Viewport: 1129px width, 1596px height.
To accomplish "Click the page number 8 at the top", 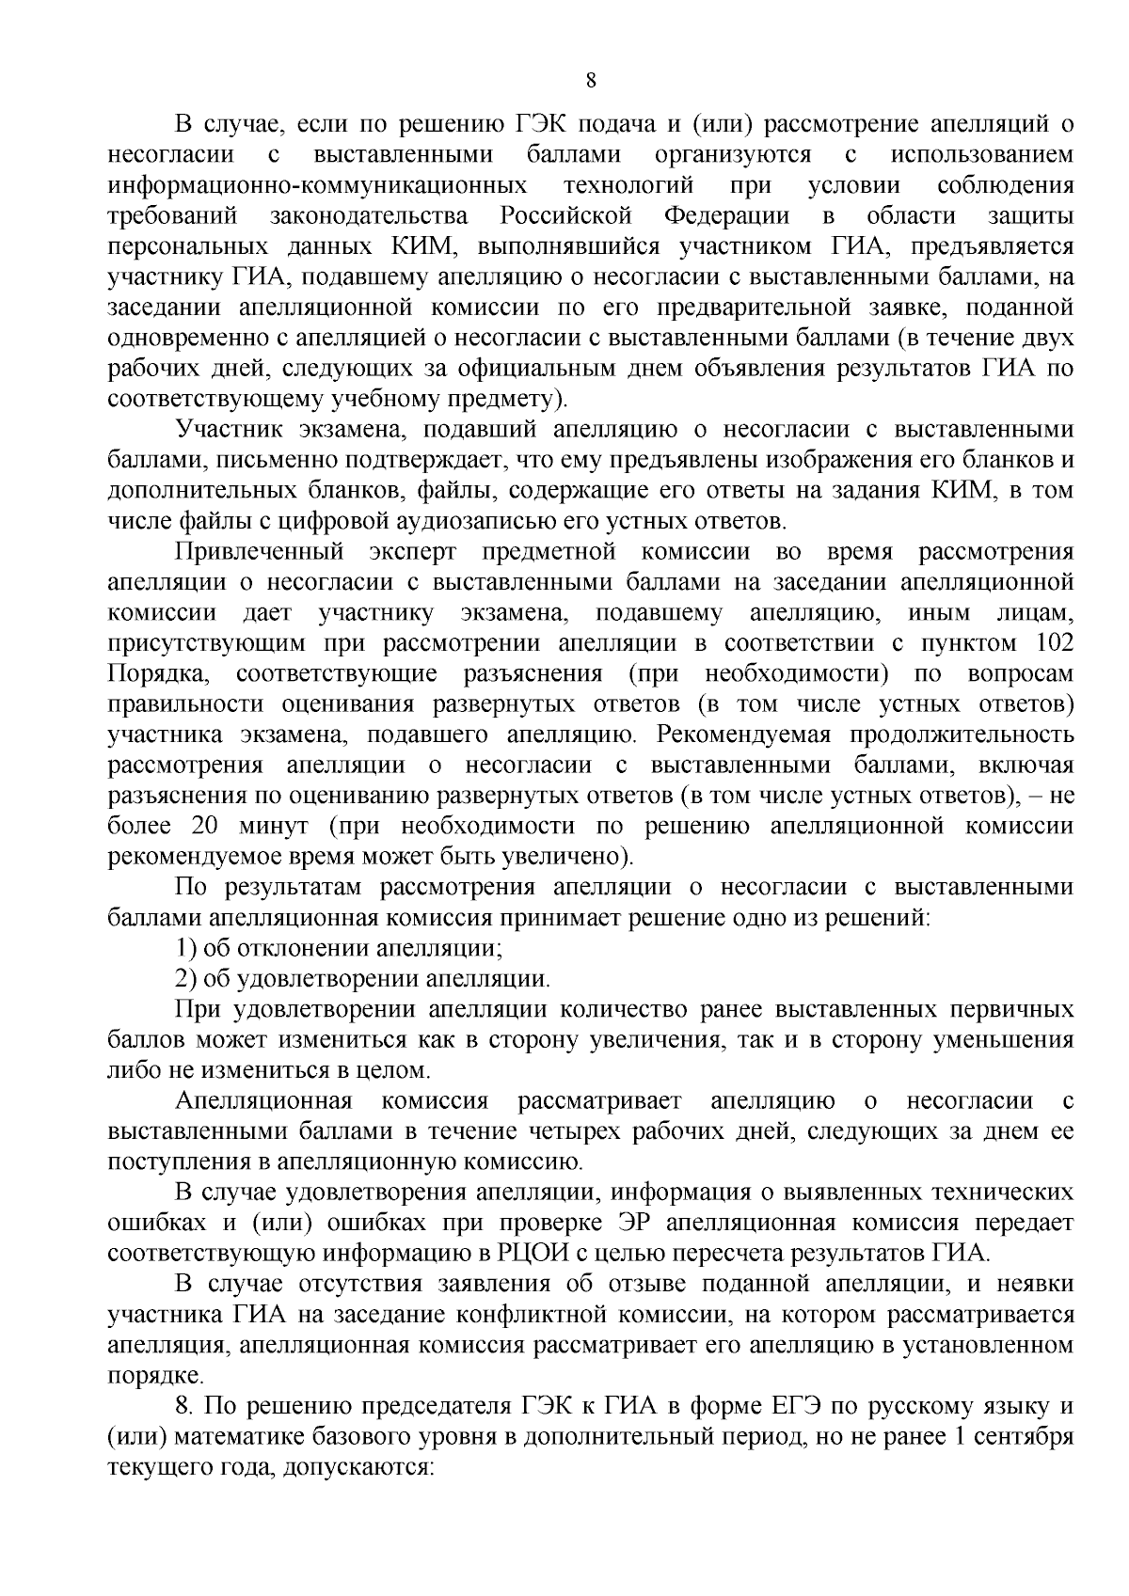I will click(x=591, y=81).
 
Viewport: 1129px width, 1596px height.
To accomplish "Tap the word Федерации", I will click(x=726, y=216).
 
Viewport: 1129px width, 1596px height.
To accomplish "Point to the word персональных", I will click(x=171, y=247).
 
